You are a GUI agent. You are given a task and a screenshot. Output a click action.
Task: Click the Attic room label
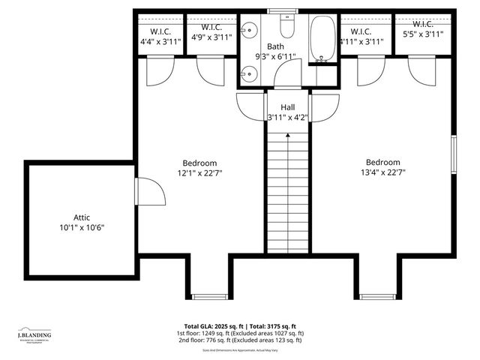(82, 216)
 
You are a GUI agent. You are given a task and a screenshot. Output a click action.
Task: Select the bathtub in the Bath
(323, 37)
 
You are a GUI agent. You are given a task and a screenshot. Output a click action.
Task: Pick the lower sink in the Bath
(249, 73)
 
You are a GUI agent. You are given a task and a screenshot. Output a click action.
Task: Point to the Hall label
(288, 107)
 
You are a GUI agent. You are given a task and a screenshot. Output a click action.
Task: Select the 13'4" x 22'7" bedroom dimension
(382, 172)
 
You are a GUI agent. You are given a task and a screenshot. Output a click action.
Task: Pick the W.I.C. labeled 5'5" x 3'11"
(424, 34)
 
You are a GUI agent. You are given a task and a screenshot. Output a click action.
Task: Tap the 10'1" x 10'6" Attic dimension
(82, 227)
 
